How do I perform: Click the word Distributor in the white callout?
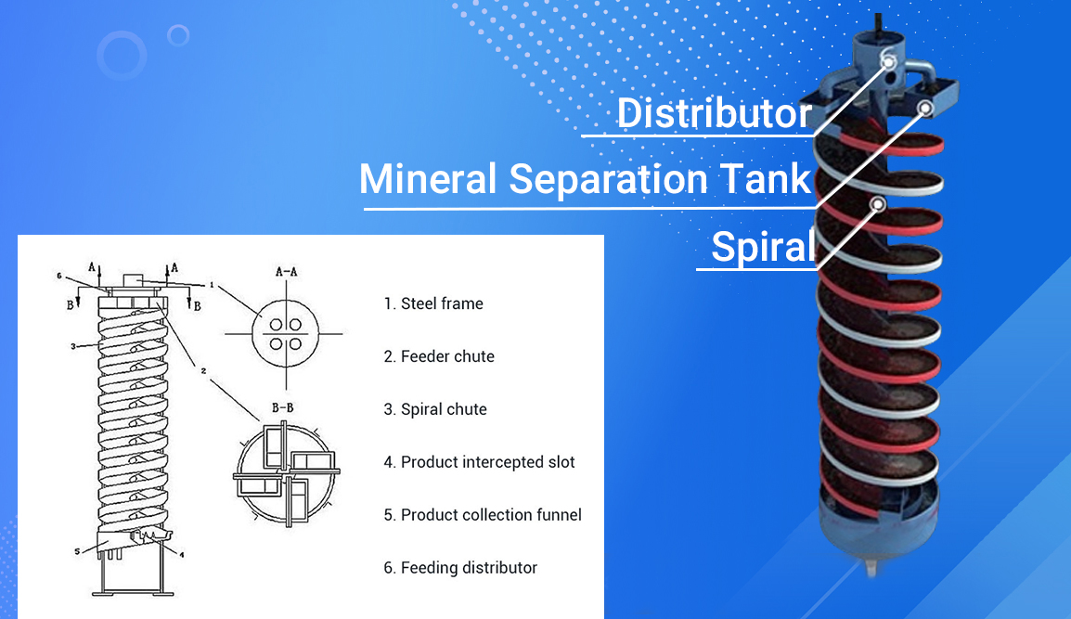click(x=715, y=112)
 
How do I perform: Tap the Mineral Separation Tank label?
click(x=586, y=179)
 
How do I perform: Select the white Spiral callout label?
click(x=763, y=247)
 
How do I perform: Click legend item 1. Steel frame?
click(x=433, y=303)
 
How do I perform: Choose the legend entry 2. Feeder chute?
click(x=438, y=356)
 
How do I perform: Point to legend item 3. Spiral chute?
click(x=435, y=409)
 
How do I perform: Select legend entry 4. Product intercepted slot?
click(x=479, y=462)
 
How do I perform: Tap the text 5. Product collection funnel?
click(x=483, y=514)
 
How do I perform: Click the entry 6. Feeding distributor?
click(x=460, y=568)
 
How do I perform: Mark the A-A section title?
click(x=287, y=272)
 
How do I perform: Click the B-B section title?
click(x=283, y=408)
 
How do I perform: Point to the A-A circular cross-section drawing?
click(x=285, y=334)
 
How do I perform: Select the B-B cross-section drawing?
click(x=287, y=472)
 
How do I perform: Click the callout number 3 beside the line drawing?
click(x=73, y=346)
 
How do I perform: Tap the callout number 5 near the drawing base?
click(x=77, y=551)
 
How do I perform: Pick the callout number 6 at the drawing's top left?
click(x=59, y=276)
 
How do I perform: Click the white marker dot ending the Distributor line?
click(x=888, y=62)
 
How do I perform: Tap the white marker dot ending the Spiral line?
click(x=878, y=204)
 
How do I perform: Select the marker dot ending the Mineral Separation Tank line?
click(x=925, y=108)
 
